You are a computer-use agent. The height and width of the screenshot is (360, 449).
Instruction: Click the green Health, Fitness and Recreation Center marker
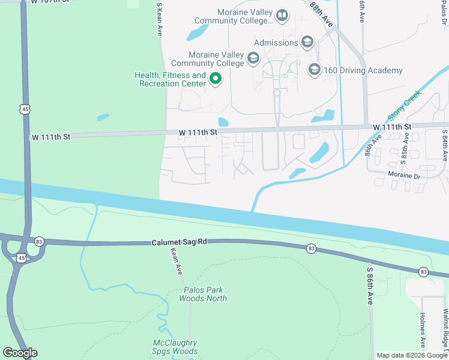215,78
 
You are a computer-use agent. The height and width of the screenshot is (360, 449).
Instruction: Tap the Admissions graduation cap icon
307,42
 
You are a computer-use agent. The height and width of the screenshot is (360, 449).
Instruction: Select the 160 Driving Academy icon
314,70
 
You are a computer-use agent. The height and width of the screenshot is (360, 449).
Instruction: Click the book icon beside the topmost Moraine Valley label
282,15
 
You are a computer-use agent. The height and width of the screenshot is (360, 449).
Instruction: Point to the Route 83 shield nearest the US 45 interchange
39,241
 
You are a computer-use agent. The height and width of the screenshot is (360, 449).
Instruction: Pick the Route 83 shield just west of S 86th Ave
311,248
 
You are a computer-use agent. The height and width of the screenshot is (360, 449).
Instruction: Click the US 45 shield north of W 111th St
24,109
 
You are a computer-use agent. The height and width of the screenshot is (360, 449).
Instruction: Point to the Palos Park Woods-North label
205,294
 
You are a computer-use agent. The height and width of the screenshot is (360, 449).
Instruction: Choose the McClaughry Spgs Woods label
175,347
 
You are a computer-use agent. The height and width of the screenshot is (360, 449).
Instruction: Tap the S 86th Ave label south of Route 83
370,286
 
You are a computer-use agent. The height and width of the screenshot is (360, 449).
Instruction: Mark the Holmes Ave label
423,331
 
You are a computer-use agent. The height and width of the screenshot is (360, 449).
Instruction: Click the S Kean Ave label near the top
160,19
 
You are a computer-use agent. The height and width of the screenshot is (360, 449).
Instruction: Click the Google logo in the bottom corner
20,353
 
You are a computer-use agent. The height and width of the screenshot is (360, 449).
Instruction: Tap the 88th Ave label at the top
322,13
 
